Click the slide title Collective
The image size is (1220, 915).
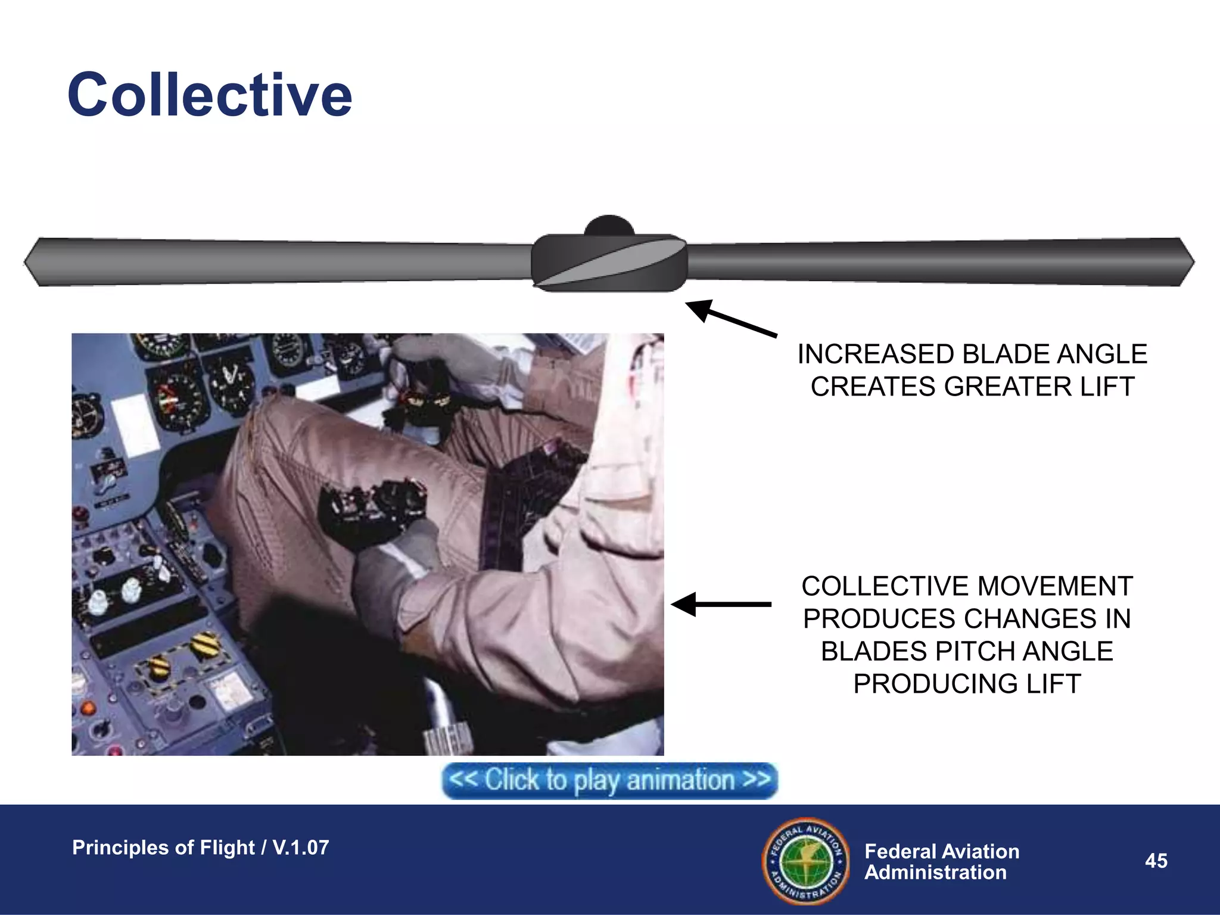point(210,95)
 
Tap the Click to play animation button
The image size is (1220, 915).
point(609,780)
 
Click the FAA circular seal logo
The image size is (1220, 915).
point(806,861)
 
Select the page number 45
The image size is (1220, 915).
point(1156,861)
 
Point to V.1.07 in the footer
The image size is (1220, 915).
point(300,848)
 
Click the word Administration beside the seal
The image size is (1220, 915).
point(935,873)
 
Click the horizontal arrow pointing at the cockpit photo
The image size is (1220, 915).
point(721,604)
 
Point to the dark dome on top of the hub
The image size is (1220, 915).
point(609,225)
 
